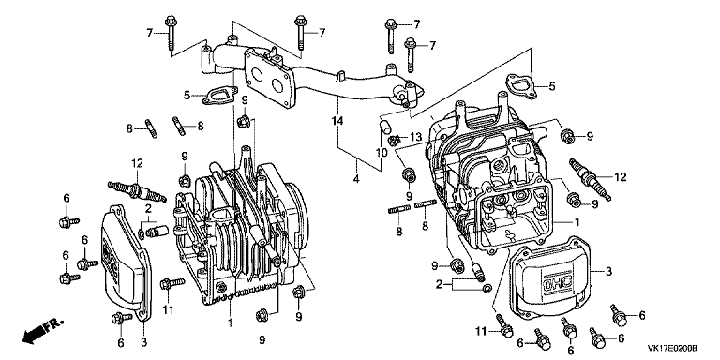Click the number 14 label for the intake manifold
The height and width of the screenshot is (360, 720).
[x=337, y=121]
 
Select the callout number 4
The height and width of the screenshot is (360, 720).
[x=356, y=180]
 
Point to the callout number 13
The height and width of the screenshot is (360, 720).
[x=415, y=136]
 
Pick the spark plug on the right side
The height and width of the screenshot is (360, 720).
[x=590, y=179]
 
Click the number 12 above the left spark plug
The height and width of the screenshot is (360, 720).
[x=137, y=163]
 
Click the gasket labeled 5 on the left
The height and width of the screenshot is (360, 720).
[x=218, y=97]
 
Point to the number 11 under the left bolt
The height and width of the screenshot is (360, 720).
[x=168, y=310]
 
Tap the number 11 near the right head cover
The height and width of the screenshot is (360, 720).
[x=480, y=330]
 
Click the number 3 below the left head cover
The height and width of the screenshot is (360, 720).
[x=143, y=342]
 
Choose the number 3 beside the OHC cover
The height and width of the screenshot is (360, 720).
[x=608, y=272]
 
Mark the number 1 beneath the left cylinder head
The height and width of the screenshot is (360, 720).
[x=230, y=324]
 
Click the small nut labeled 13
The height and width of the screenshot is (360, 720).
[x=392, y=140]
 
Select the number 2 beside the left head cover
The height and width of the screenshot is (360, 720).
[x=148, y=209]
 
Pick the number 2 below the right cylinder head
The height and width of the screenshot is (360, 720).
[x=439, y=285]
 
